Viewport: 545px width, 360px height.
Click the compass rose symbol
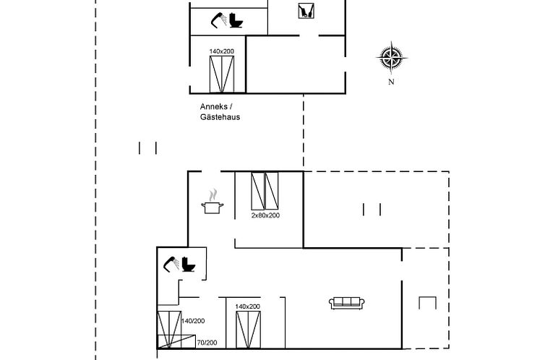[x=392, y=58]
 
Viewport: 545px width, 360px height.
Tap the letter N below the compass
[x=391, y=82]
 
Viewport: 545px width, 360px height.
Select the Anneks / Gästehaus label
[x=220, y=111]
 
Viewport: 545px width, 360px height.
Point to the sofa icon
[x=346, y=303]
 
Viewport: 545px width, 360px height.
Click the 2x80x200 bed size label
[x=265, y=215]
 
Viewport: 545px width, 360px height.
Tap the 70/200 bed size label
[x=207, y=343]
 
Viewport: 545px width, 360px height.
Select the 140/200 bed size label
[x=193, y=321]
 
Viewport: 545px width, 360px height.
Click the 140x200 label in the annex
[x=221, y=51]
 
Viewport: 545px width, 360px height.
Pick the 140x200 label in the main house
[x=247, y=307]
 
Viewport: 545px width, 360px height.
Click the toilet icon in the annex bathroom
[x=236, y=20]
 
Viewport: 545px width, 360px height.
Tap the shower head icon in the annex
[x=218, y=20]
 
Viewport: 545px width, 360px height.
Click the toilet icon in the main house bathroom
[x=189, y=264]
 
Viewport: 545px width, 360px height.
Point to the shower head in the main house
[x=171, y=264]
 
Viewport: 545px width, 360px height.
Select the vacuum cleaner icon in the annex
[x=306, y=10]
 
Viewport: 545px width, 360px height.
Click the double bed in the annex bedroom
[x=222, y=74]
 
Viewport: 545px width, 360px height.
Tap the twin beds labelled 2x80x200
[x=265, y=191]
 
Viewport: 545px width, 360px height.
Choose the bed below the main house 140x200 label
[x=248, y=330]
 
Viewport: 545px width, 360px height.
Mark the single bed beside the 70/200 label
[x=176, y=341]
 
